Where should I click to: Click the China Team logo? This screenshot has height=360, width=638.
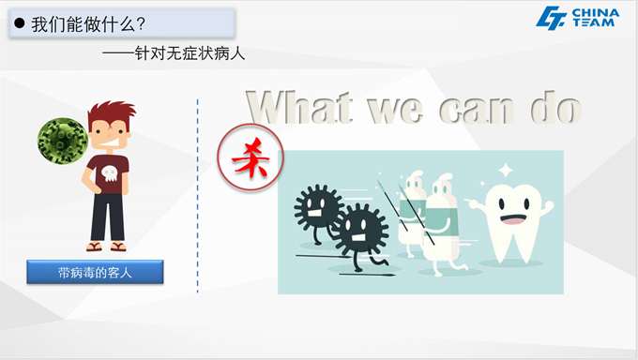[x=577, y=18]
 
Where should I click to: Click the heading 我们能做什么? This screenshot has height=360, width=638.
[x=88, y=23]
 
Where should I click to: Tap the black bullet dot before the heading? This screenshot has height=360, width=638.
[x=19, y=23]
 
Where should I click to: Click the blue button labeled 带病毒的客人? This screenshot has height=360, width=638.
[x=96, y=273]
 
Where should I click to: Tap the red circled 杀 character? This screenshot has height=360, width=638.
[x=244, y=156]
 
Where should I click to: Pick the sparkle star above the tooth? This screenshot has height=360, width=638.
[x=505, y=171]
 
